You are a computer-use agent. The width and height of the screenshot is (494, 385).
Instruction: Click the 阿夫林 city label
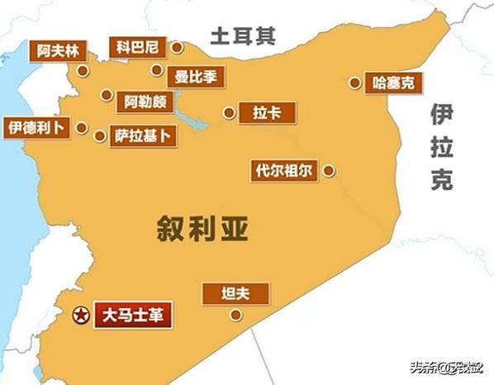coord(59,50)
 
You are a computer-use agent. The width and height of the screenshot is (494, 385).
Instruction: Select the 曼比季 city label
coord(197,77)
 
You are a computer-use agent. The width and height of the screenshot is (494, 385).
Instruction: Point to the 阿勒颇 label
coord(145,102)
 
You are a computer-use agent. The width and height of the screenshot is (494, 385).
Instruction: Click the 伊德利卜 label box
coord(35,127)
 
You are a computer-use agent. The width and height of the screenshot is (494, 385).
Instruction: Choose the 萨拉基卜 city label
coord(145,135)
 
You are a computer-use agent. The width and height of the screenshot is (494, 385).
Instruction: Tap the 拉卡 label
coord(259,113)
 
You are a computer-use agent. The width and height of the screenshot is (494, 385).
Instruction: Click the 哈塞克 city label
coord(392,83)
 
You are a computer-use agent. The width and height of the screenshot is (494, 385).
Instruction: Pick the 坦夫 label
coord(235,293)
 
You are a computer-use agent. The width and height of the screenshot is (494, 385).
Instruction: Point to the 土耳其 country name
coord(241,36)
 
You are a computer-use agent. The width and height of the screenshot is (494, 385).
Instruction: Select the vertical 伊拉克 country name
coord(441,150)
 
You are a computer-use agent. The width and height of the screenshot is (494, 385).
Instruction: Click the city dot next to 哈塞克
coord(354,83)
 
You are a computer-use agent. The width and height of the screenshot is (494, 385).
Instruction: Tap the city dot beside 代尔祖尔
coord(329,171)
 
